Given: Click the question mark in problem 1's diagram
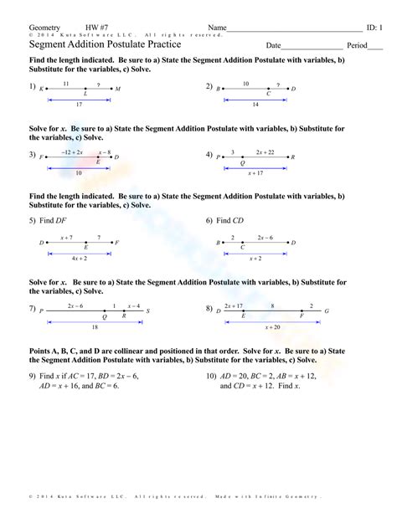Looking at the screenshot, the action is tap(98, 84).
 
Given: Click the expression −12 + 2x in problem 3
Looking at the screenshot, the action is tap(72, 152).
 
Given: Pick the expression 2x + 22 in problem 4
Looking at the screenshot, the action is tap(266, 152).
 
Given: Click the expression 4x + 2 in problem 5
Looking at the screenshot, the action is tap(80, 259).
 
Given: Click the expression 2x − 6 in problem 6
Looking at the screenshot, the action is tap(266, 239).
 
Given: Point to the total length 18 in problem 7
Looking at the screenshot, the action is tap(95, 327).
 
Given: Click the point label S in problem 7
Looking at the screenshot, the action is tap(147, 310).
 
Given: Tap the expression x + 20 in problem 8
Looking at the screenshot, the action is tap(272, 327).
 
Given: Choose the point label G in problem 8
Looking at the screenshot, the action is tap(327, 310).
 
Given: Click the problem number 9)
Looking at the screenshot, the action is tap(33, 376).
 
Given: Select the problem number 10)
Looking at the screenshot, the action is tap(212, 376).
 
